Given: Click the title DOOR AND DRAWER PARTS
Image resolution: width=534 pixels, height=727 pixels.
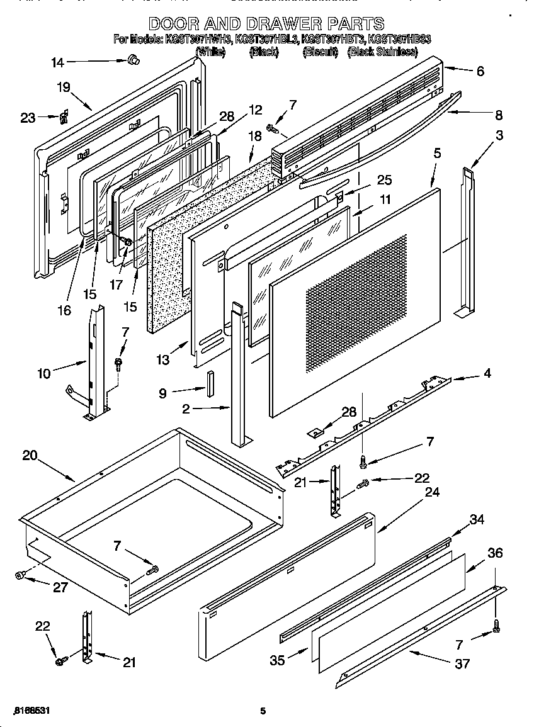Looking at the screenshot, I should pyautogui.click(x=266, y=24).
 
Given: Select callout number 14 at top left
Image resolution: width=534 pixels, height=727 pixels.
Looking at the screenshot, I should pyautogui.click(x=57, y=62).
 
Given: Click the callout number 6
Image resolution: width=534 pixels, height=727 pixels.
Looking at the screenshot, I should pyautogui.click(x=480, y=72).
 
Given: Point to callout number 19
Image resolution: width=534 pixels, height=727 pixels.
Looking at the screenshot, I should pyautogui.click(x=64, y=87).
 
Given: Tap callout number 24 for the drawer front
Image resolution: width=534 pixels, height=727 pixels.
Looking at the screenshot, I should pyautogui.click(x=432, y=492).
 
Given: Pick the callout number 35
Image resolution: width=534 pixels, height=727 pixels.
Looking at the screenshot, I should pyautogui.click(x=278, y=660).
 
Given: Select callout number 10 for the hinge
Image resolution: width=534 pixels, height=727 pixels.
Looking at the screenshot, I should pyautogui.click(x=43, y=374).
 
